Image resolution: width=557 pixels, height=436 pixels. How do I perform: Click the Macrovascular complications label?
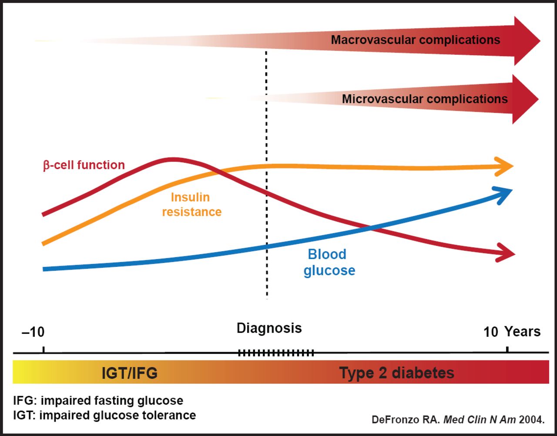pyautogui.click(x=415, y=40)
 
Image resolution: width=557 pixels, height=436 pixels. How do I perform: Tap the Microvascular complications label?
pyautogui.click(x=425, y=99)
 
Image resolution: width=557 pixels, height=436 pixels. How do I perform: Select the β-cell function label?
pyautogui.click(x=84, y=165)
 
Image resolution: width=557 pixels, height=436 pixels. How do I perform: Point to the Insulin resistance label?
pyautogui.click(x=191, y=204)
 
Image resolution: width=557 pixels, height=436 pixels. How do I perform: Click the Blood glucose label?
pyautogui.click(x=329, y=262)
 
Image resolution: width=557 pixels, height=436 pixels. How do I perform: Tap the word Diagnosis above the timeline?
pyautogui.click(x=269, y=328)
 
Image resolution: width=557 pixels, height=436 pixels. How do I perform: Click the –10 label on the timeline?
pyautogui.click(x=33, y=332)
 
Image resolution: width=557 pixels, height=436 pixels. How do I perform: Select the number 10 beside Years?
pyautogui.click(x=490, y=332)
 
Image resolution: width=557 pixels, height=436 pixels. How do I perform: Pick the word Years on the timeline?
pyautogui.click(x=523, y=332)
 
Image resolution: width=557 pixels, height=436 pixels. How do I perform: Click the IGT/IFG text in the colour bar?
pyautogui.click(x=129, y=373)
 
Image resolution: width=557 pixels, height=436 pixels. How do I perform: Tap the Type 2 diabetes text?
pyautogui.click(x=396, y=373)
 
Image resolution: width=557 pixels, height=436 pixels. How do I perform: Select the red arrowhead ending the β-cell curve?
pyautogui.click(x=507, y=254)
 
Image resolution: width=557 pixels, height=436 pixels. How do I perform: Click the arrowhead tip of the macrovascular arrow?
pyautogui.click(x=539, y=41)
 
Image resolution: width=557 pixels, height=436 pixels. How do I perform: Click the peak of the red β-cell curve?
pyautogui.click(x=173, y=160)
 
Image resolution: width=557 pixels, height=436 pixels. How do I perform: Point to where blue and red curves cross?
pyautogui.click(x=370, y=227)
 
